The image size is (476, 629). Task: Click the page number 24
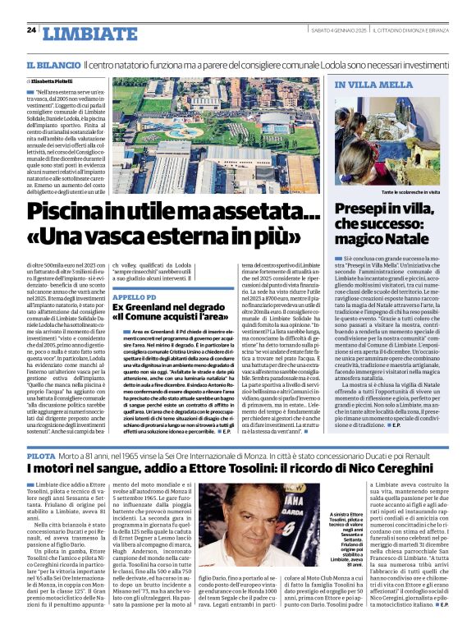(31, 30)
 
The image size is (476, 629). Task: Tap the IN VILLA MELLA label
(362, 85)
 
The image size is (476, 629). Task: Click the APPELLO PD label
(134, 296)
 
